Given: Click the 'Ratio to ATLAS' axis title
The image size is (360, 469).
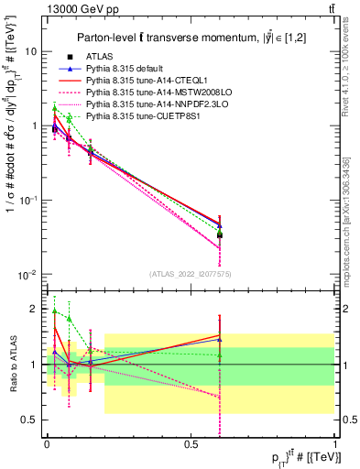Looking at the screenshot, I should [x=12, y=364].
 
